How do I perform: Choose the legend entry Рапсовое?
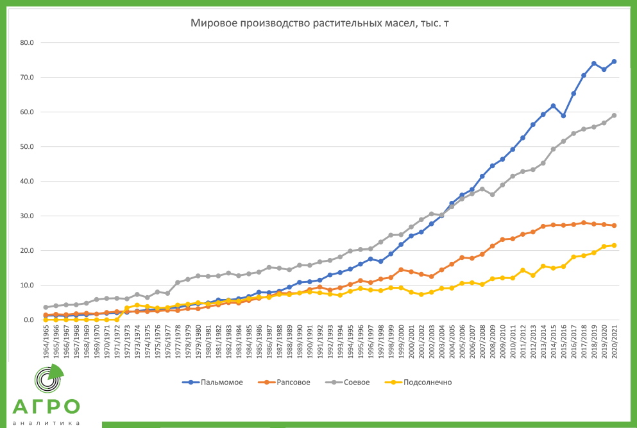coord(293,382)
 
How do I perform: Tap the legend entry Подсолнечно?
coord(427,382)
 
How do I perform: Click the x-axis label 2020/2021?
coord(614,343)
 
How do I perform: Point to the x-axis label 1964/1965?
coord(45,343)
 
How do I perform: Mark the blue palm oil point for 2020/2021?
coord(614,62)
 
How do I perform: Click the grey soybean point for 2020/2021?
coord(614,116)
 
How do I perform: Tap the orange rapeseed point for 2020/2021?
coord(614,225)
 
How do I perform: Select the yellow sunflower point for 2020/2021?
coord(614,245)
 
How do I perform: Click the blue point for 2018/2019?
coord(594,64)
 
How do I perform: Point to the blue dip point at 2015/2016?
coord(563,116)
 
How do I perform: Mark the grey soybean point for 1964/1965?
coord(45,307)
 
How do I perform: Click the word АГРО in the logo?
coord(47,407)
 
